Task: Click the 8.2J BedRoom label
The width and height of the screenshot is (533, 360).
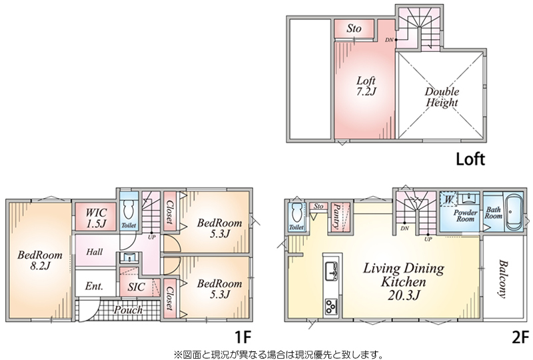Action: click(40, 260)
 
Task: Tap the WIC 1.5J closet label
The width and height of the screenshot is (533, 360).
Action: click(96, 218)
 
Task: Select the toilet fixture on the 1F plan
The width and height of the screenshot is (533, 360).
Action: click(129, 209)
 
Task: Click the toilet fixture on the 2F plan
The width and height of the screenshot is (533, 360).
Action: click(296, 213)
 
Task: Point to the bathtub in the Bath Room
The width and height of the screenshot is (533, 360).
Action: click(514, 212)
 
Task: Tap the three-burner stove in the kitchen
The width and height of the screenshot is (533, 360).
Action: click(331, 306)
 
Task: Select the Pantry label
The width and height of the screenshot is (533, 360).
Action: click(337, 216)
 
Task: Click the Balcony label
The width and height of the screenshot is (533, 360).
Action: click(503, 279)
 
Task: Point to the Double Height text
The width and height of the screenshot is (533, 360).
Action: click(442, 97)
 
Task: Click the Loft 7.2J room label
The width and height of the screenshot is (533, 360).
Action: click(366, 86)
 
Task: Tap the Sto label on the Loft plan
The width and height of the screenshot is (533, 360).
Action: click(354, 29)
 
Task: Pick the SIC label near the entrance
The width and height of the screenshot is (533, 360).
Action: click(137, 287)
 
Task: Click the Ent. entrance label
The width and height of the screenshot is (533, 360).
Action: click(94, 286)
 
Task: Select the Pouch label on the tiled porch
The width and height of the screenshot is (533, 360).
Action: click(128, 310)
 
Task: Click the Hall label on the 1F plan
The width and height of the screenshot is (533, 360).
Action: click(94, 252)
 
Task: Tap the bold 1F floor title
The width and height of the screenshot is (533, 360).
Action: click(243, 338)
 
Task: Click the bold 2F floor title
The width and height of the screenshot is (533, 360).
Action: click(520, 338)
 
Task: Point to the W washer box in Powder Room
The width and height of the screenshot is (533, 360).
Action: click(448, 199)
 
